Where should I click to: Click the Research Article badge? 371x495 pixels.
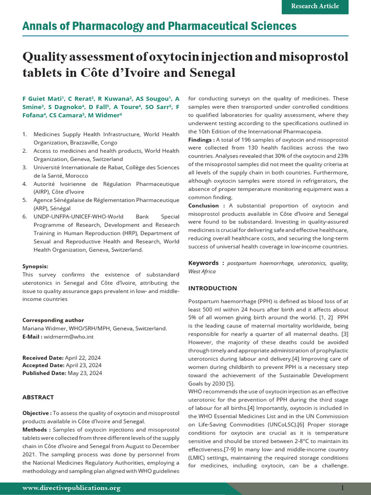[315, 6]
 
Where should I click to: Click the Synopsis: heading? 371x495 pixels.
[35, 266]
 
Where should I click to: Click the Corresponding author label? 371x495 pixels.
[53, 320]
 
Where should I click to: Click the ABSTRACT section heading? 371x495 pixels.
[38, 397]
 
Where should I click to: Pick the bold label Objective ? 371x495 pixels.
[37, 413]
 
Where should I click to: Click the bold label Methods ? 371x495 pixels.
[36, 429]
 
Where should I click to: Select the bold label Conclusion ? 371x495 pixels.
[203, 205]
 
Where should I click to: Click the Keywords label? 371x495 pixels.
[206, 263]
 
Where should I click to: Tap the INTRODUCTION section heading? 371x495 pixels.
[213, 288]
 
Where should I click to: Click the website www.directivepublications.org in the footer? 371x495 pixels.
[71, 488]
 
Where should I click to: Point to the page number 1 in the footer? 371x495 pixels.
[342, 488]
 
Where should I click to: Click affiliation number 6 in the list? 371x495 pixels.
[25, 217]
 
